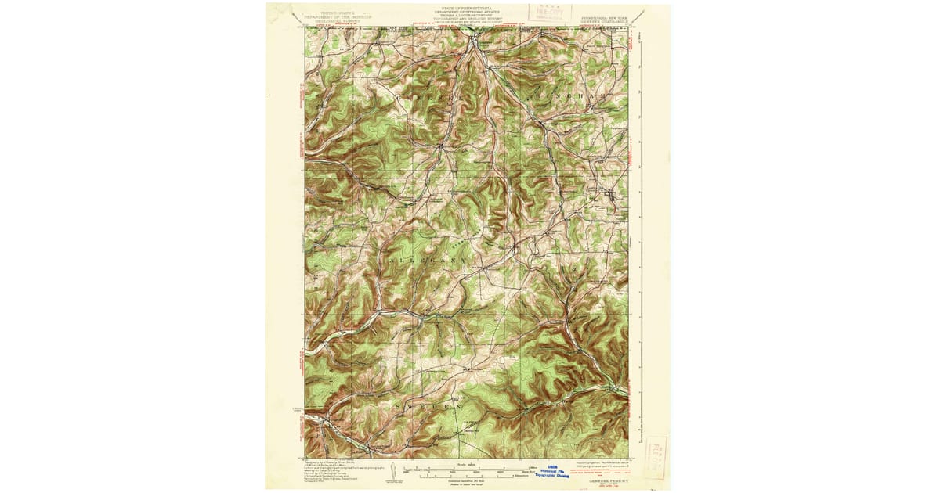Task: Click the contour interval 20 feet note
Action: point(467,481)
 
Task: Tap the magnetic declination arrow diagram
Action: point(395,471)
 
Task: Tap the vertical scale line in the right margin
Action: point(642,235)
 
